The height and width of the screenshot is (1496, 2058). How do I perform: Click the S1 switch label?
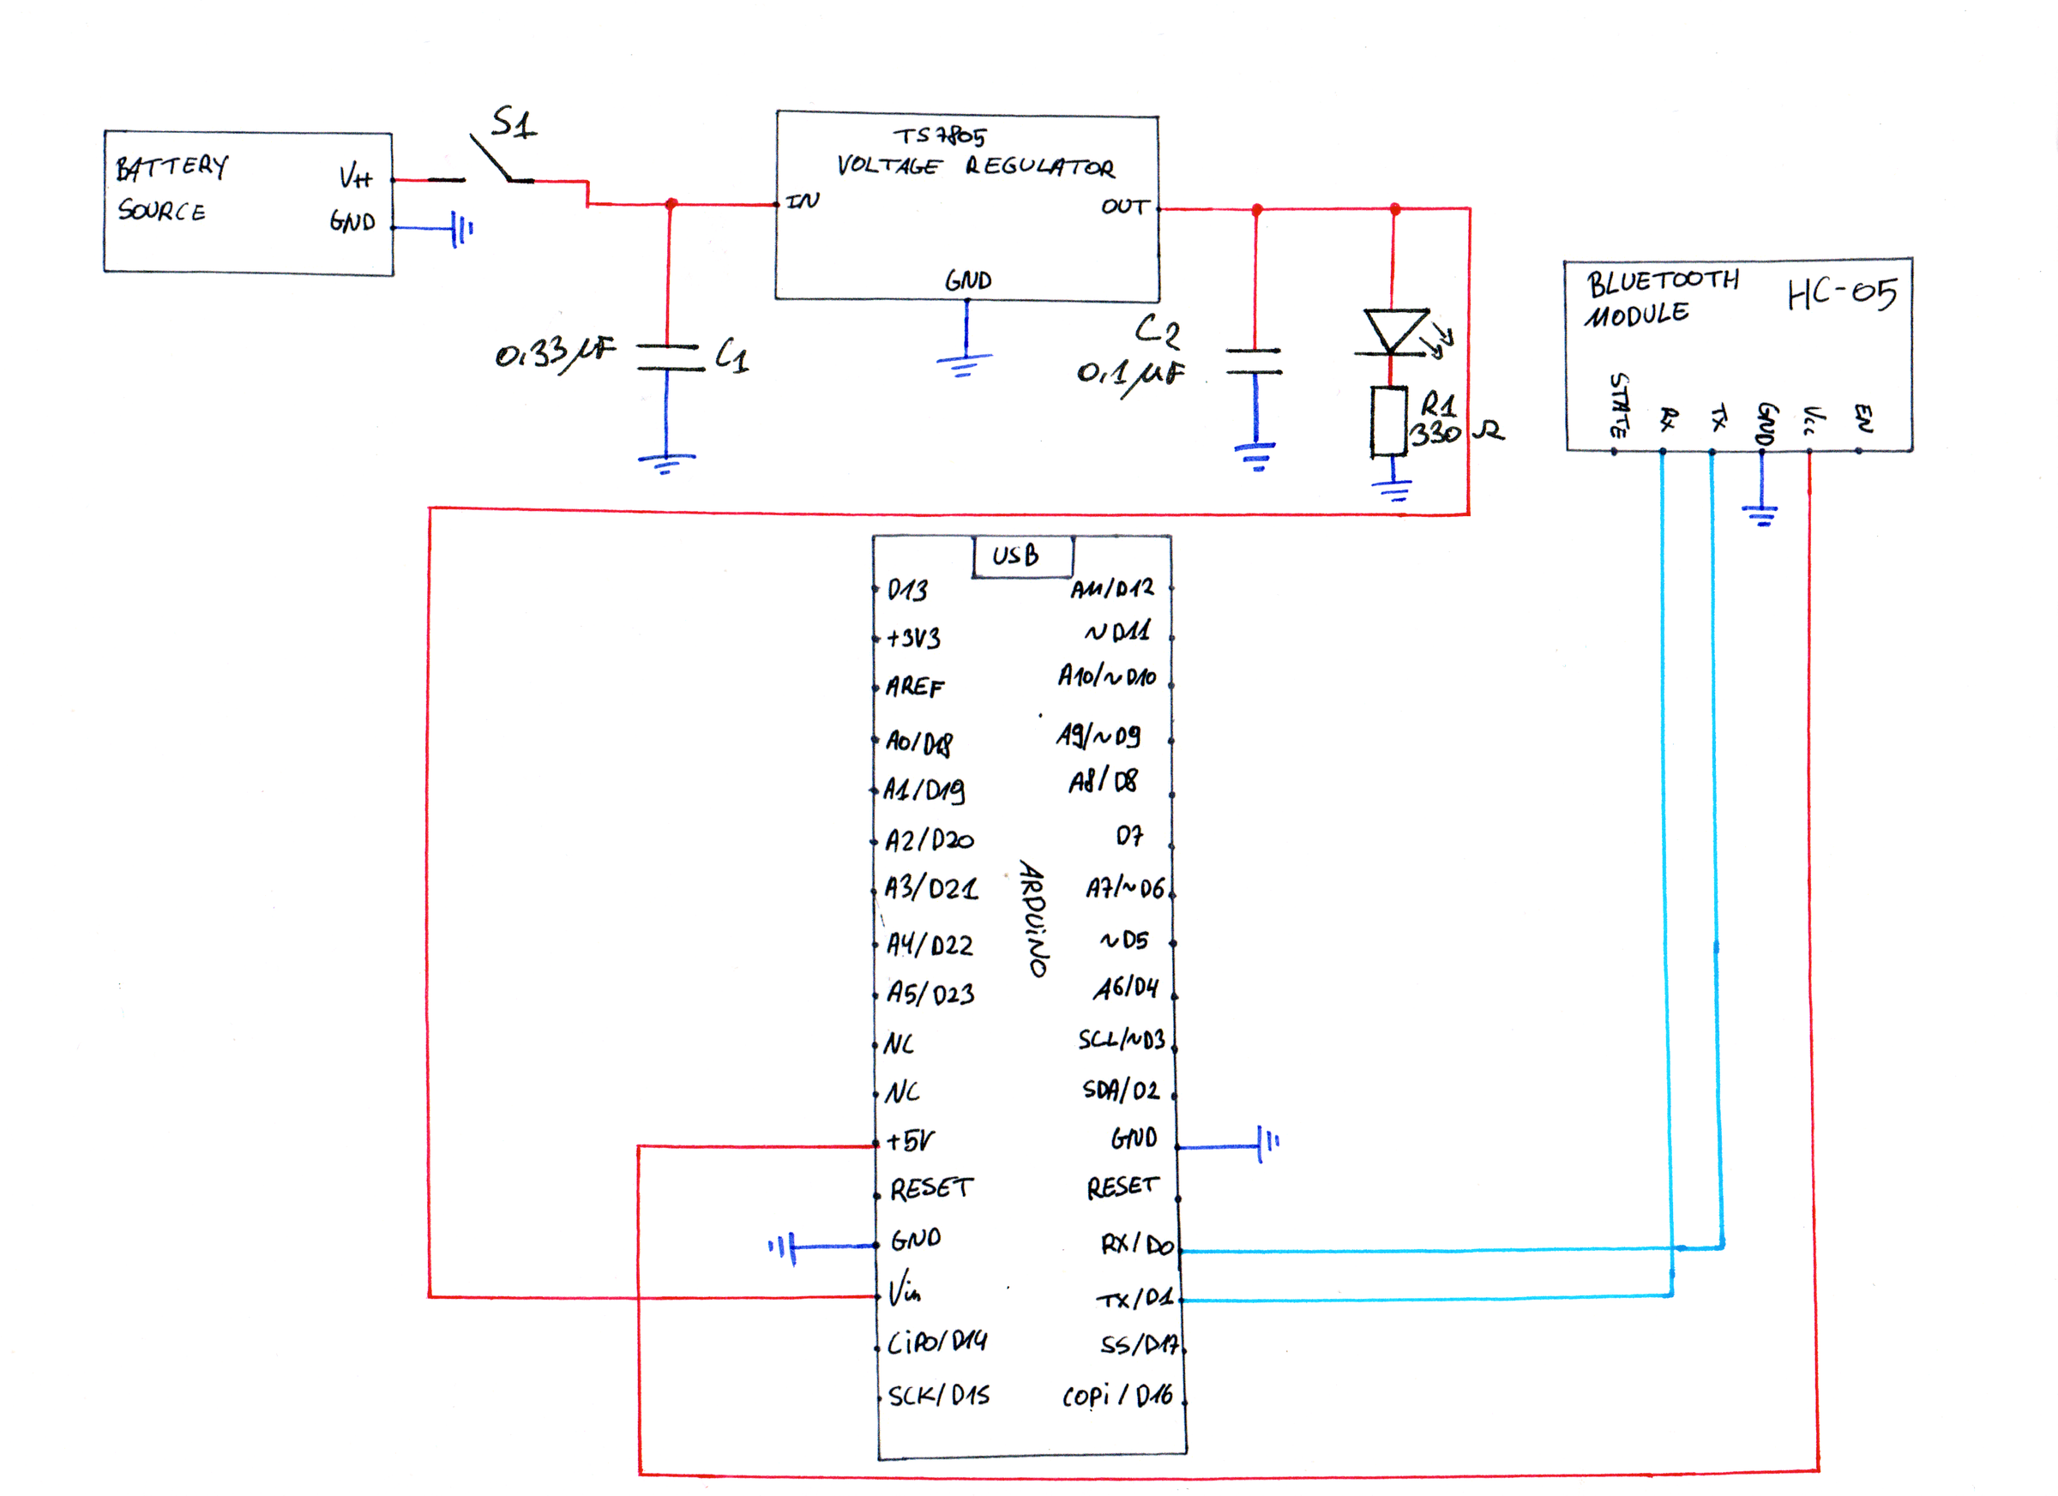[x=514, y=123]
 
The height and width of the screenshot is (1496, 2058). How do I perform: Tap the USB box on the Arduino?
[x=1022, y=556]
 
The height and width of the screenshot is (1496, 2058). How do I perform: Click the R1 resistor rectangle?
[x=1388, y=421]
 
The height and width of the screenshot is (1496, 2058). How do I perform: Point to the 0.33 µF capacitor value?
[x=555, y=353]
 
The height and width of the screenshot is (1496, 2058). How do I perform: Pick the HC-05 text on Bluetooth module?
[x=1842, y=293]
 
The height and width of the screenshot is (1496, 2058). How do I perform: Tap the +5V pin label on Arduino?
[x=910, y=1140]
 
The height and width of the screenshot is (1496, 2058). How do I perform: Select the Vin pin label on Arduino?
[x=904, y=1289]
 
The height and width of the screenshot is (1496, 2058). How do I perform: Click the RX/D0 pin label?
[x=1137, y=1244]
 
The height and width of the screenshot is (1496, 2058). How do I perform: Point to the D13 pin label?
[x=907, y=591]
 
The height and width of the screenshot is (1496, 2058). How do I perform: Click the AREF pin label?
[x=915, y=687]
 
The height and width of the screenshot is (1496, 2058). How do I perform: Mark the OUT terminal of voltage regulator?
[x=1125, y=207]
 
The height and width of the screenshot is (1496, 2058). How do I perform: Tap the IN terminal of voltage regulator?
[x=802, y=201]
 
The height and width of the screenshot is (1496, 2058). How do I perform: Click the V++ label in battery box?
[x=356, y=176]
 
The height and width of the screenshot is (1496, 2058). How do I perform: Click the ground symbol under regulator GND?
[x=965, y=363]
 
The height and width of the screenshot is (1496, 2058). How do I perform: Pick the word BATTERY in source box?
[x=171, y=167]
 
